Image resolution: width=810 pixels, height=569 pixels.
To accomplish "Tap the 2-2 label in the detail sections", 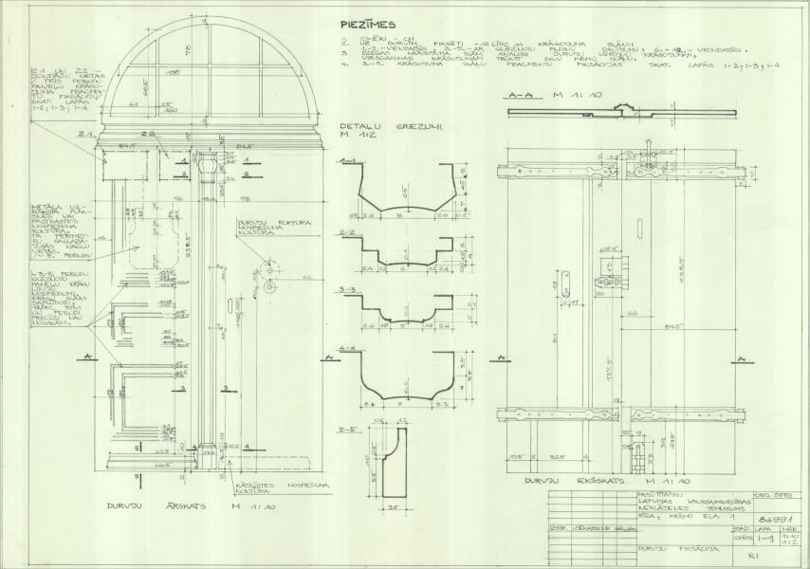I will pos(347,230).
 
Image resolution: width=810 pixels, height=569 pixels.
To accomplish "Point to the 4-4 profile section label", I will pos(348,347).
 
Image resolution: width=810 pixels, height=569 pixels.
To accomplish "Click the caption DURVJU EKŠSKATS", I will pos(593,482).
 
